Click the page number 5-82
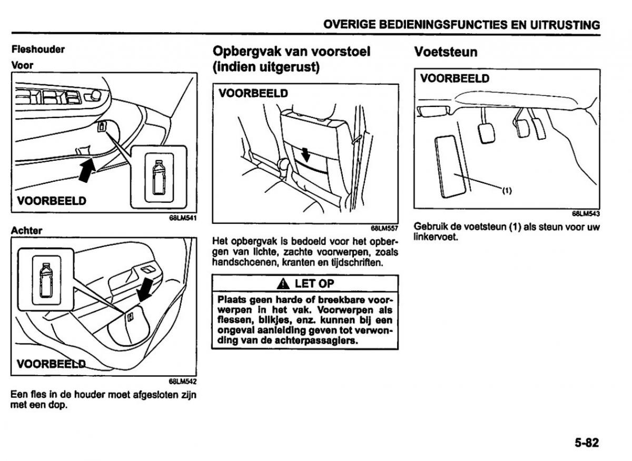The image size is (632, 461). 586,443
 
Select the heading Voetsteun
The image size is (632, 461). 446,52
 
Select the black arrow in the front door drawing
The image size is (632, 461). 87,171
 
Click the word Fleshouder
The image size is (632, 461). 38,49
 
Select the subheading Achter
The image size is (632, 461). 26,231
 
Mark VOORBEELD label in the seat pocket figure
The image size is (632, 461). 253,93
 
